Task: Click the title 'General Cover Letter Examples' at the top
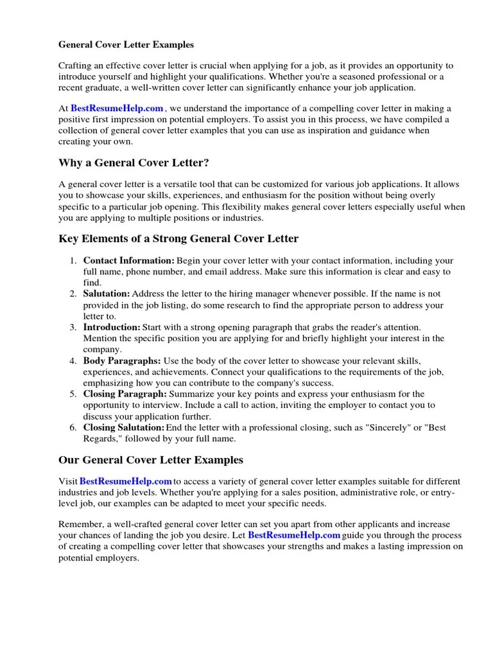coord(126,45)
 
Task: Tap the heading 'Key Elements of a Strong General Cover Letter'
coord(178,238)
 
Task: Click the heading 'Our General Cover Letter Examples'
coord(151,459)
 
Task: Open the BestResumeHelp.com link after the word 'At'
coord(117,109)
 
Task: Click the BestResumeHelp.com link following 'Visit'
coord(126,481)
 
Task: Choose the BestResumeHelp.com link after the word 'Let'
coord(294,535)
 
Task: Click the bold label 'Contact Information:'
coord(128,261)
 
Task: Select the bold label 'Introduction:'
coord(112,327)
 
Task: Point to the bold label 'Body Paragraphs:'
coord(122,360)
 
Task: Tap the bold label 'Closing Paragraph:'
coord(125,394)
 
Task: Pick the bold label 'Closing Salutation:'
coord(124,427)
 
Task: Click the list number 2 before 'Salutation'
coord(73,294)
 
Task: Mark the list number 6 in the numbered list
coord(73,427)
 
